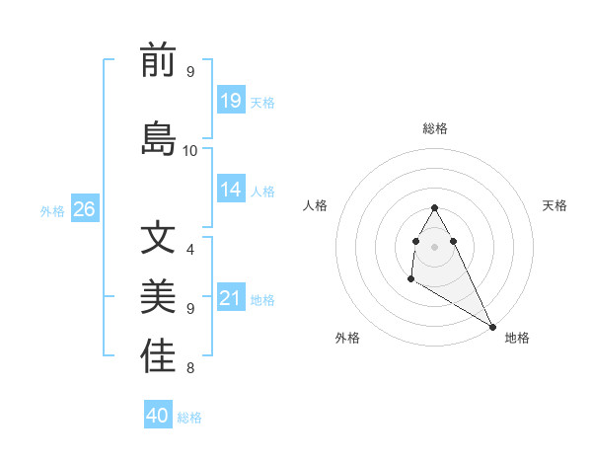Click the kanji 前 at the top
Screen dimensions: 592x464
(x=158, y=62)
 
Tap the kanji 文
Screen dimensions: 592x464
(x=158, y=238)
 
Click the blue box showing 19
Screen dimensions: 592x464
(x=231, y=100)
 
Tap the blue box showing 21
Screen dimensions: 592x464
(x=231, y=298)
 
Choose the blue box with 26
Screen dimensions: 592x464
(x=84, y=209)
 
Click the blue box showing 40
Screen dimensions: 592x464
(x=158, y=416)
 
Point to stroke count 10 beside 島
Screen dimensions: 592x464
(x=190, y=150)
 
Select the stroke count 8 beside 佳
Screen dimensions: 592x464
(x=189, y=368)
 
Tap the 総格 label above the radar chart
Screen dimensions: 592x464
(x=435, y=128)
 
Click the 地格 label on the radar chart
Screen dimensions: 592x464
(x=517, y=338)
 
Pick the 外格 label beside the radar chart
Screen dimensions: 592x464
(x=347, y=338)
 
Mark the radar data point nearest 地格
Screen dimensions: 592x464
(x=492, y=327)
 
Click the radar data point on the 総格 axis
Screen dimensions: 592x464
(x=434, y=207)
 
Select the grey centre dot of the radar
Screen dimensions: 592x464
(x=434, y=246)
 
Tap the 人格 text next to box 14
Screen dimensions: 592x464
(x=262, y=191)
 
